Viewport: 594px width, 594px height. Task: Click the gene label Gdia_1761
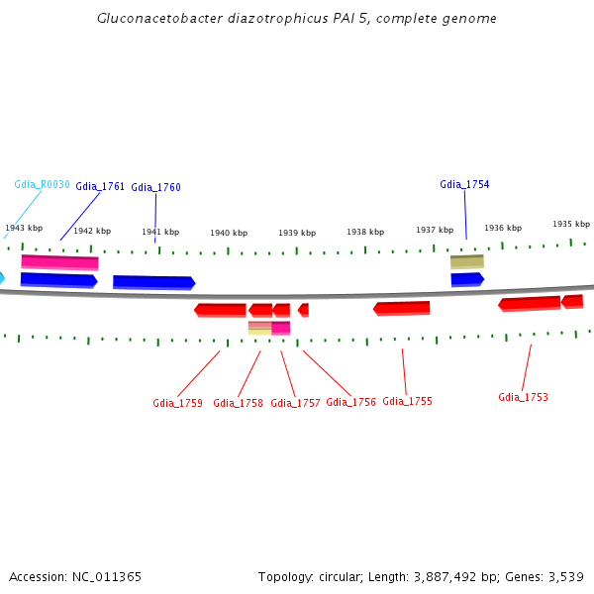coord(100,186)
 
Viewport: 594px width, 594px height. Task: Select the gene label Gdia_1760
coord(155,187)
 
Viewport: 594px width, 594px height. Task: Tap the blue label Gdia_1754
coord(464,184)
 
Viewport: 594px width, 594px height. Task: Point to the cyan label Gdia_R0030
coord(42,184)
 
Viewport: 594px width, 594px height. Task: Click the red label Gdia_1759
coord(177,403)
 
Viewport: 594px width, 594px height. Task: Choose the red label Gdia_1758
coord(238,403)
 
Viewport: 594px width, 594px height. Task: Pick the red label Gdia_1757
coord(295,403)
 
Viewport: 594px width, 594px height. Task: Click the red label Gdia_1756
coord(350,402)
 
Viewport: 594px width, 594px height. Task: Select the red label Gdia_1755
coord(407,401)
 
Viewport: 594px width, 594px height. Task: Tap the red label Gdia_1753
coord(523,397)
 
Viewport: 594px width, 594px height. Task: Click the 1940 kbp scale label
coord(228,233)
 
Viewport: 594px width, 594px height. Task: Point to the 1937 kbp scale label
coord(434,230)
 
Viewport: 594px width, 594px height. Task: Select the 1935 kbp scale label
coord(570,224)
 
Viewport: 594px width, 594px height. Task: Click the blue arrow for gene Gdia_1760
coord(153,282)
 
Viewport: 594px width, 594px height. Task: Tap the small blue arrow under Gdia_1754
coord(466,279)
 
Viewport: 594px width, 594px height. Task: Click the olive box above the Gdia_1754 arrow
coord(467,261)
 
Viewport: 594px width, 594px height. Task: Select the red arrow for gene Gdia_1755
coord(402,309)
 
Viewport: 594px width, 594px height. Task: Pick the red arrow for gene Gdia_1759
coord(220,310)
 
